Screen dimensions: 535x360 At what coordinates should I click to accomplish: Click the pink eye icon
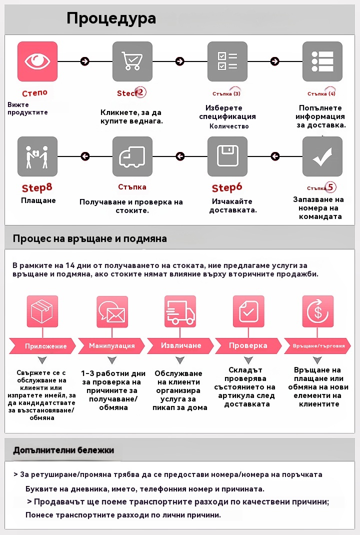[37, 61]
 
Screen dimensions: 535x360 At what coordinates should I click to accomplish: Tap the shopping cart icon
[132, 61]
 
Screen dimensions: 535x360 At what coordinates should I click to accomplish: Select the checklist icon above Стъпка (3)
[227, 61]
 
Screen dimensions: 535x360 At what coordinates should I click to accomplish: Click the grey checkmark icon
[322, 156]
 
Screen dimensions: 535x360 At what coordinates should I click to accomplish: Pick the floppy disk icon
[227, 156]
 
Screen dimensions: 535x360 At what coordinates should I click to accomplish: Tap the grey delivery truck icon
[132, 156]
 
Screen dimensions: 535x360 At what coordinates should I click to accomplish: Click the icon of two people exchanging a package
[37, 156]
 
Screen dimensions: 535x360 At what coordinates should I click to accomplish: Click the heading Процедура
[111, 18]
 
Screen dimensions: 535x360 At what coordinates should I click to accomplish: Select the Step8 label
[37, 188]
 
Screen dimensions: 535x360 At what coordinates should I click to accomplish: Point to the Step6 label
[227, 188]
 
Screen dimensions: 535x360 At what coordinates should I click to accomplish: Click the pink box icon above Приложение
[42, 311]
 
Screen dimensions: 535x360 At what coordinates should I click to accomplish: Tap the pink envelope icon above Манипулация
[112, 311]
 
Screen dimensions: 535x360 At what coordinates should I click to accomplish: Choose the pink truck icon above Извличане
[180, 311]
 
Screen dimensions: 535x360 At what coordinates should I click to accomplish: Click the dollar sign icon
[317, 311]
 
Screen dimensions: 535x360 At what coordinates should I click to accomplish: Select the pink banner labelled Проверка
[248, 345]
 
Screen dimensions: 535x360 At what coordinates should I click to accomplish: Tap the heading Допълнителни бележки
[63, 450]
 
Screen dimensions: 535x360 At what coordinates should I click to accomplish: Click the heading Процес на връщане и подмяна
[90, 238]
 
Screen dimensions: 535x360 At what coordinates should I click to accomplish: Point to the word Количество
[229, 126]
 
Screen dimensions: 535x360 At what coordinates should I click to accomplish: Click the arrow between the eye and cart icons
[85, 61]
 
